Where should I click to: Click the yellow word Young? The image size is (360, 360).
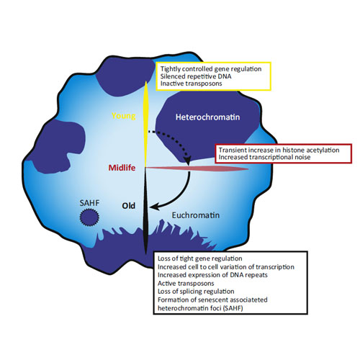[124, 116]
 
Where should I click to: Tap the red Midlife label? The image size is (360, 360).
[122, 168]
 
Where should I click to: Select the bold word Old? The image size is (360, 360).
[129, 206]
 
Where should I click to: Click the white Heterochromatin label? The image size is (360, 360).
[207, 117]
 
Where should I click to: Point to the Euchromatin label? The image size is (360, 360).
[196, 215]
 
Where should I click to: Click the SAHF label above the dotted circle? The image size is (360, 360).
[89, 203]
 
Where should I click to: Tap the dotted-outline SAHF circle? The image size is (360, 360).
[89, 217]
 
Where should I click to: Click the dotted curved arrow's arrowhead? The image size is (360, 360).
[187, 160]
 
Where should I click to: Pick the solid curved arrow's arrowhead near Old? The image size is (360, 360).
[154, 207]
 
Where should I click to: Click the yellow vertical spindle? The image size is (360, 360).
[145, 124]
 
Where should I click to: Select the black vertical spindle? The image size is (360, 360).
[145, 211]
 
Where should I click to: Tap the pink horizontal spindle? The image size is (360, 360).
[197, 168]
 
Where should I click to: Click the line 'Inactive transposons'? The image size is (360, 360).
[191, 84]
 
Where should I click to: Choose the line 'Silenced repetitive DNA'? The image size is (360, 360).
[196, 76]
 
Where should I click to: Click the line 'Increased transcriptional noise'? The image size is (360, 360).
[264, 157]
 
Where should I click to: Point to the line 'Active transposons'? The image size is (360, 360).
[186, 284]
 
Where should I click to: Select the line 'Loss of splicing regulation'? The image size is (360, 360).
[196, 292]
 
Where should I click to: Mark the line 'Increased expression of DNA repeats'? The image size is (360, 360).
[212, 275]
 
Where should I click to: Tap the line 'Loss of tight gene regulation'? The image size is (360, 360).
[199, 258]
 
